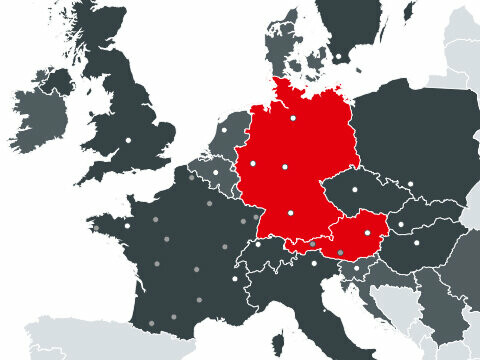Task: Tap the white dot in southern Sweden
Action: click(338, 57)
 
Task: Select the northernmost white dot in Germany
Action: click(294, 119)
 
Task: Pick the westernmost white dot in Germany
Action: click(253, 163)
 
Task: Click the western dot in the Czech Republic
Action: click(356, 188)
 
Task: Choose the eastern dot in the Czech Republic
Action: click(409, 184)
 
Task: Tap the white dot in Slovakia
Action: click(401, 224)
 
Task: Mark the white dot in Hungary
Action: click(417, 243)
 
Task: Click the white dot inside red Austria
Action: click(376, 232)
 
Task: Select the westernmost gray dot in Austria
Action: click(312, 243)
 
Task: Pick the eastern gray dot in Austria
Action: click(340, 252)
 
